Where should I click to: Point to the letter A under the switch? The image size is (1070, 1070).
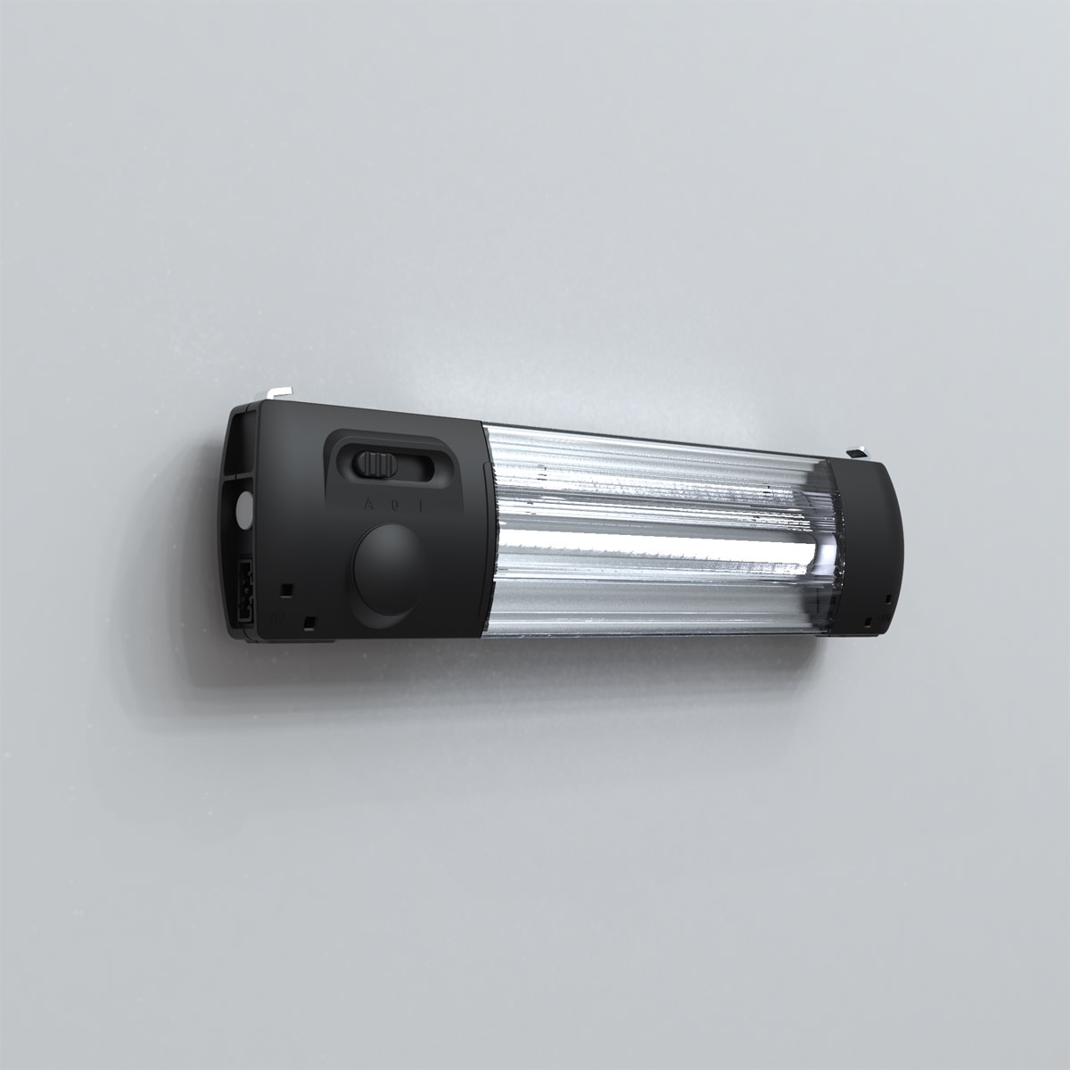pyautogui.click(x=368, y=505)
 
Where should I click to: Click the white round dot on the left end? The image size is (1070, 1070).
pyautogui.click(x=243, y=509)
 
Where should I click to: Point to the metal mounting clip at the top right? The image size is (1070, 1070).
pyautogui.click(x=858, y=452)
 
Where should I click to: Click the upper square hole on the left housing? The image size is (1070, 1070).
pyautogui.click(x=285, y=589)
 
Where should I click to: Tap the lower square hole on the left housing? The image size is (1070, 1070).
pyautogui.click(x=309, y=621)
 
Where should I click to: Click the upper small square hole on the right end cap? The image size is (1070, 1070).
pyautogui.click(x=888, y=599)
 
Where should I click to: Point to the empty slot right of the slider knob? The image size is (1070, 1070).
pyautogui.click(x=417, y=466)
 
